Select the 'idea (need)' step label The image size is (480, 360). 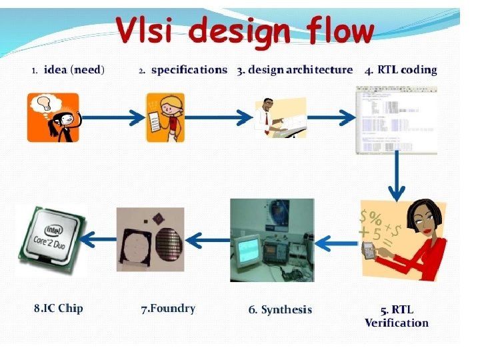(74, 69)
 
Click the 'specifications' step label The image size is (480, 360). (189, 69)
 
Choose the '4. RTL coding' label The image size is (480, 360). (401, 69)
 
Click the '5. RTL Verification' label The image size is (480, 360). (397, 316)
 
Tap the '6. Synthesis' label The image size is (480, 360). (280, 309)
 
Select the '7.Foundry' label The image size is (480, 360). (168, 308)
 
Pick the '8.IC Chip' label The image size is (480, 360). (59, 308)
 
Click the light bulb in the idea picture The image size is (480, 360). (44, 103)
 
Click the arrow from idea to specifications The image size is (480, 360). (113, 117)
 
